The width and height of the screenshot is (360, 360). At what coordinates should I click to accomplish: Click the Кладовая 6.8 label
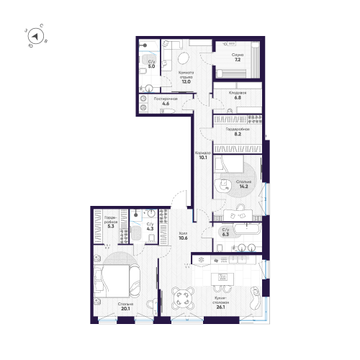(239, 95)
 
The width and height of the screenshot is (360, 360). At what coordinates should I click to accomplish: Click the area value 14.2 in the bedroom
(244, 185)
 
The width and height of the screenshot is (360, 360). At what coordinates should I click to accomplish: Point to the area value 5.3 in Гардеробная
(109, 225)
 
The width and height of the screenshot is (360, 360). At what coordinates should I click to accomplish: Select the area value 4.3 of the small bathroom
(149, 229)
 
